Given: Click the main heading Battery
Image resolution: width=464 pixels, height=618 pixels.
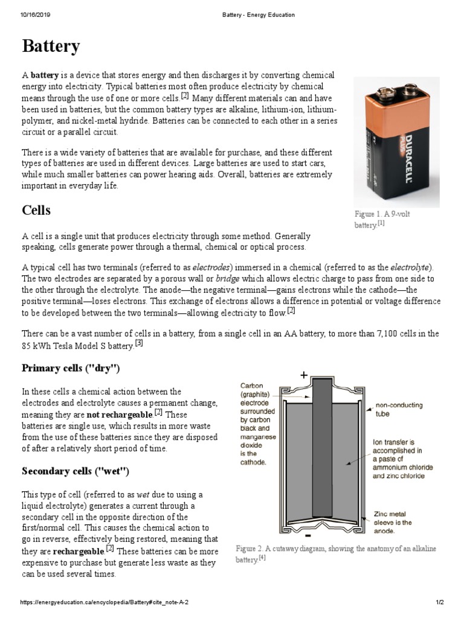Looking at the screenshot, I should (x=51, y=46).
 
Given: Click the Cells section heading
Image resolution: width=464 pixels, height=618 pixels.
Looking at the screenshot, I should (x=36, y=210).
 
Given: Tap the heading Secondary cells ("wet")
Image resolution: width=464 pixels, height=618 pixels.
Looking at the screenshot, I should (x=76, y=471).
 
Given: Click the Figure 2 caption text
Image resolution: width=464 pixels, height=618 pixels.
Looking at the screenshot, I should (x=335, y=553).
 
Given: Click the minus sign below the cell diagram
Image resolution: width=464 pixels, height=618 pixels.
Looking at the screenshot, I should (x=308, y=535).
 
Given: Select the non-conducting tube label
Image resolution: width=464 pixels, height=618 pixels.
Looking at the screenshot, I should (x=399, y=409).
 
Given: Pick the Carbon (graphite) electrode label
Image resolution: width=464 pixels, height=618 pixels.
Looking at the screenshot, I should (x=258, y=424).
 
